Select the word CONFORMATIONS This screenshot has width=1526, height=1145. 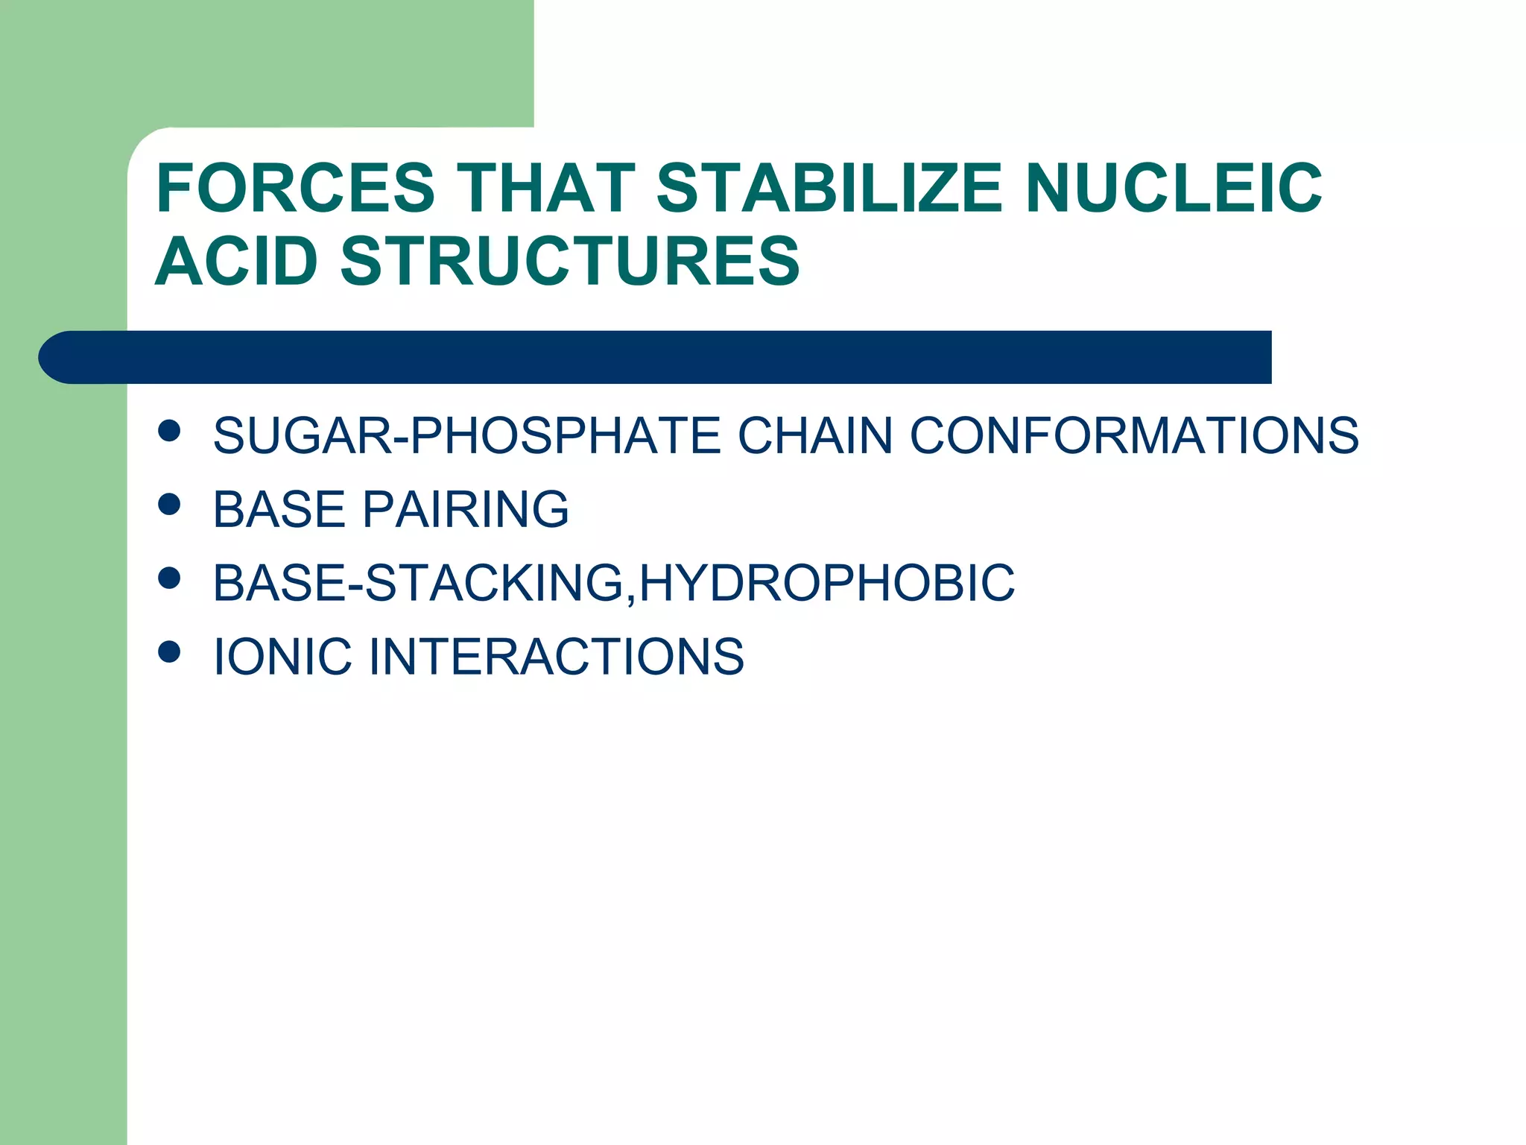point(1134,435)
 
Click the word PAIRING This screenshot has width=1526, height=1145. point(466,509)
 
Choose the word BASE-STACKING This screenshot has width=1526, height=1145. point(419,583)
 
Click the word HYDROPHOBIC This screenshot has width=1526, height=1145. point(827,583)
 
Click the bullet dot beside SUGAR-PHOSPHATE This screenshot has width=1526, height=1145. point(170,431)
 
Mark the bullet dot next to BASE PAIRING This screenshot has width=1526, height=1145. point(170,505)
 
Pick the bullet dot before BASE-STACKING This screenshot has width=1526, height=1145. point(170,578)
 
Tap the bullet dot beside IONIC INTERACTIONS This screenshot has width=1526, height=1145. point(170,652)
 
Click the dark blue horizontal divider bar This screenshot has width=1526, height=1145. point(656,357)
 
